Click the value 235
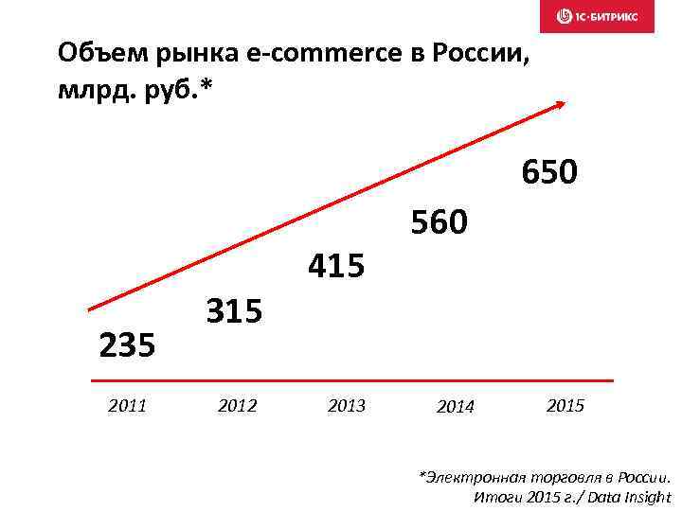127,345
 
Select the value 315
234,309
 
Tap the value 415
336,268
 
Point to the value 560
439,223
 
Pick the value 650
548,173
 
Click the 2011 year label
128,407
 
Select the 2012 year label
237,407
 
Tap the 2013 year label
346,407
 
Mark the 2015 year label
565,407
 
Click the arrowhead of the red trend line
562,104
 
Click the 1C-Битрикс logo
597,16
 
